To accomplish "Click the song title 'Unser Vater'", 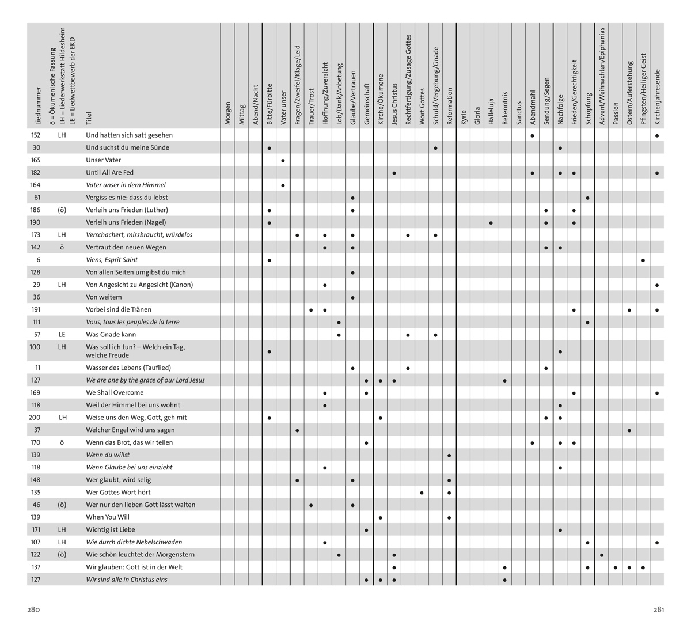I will point(104,160).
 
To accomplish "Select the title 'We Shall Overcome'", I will point(115,393).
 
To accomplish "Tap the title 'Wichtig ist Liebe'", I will point(111,529).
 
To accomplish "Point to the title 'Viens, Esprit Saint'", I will point(112,260).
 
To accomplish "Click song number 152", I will point(35,135).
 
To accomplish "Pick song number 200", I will point(35,418).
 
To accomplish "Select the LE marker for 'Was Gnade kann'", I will point(62,334).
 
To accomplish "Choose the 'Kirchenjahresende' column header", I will point(657,97).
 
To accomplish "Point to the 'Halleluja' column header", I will point(491,111).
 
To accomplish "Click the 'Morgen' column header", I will point(228,113).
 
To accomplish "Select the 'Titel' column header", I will point(89,118).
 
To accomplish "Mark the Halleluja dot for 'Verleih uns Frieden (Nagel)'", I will point(491,223).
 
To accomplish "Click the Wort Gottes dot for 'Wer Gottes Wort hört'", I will point(422,493).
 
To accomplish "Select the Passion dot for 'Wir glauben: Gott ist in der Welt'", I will point(616,567).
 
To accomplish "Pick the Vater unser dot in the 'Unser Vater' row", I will point(283,160).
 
